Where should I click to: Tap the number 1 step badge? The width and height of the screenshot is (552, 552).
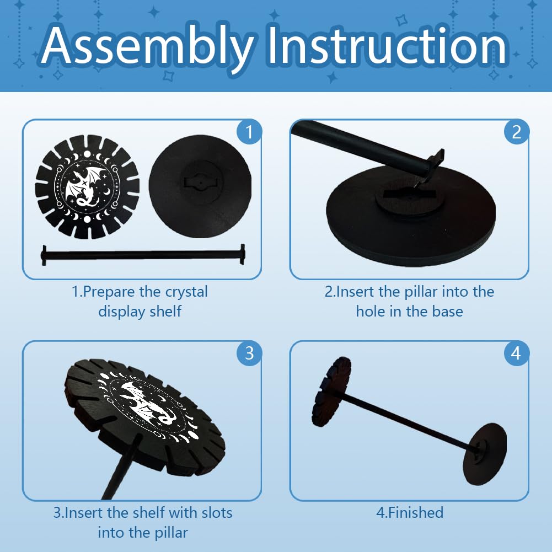(x=249, y=132)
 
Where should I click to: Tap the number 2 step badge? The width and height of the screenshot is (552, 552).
(x=517, y=132)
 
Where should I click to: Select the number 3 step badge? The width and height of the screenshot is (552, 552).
(x=249, y=353)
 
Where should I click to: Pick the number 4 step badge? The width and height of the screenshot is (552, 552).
(x=517, y=353)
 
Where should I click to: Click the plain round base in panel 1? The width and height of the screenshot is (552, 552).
(x=200, y=186)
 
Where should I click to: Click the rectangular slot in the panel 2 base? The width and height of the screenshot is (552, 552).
(x=409, y=193)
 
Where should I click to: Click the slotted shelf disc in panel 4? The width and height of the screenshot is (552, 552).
(x=331, y=392)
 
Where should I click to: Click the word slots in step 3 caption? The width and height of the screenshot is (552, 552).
(x=217, y=513)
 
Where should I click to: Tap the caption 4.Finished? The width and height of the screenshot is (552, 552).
(x=410, y=513)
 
